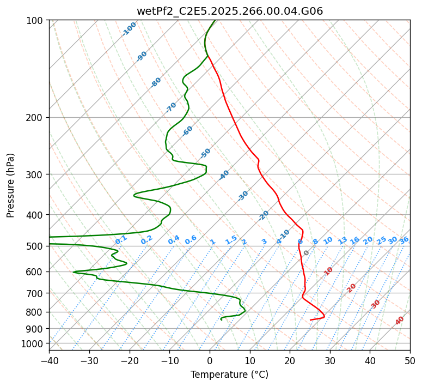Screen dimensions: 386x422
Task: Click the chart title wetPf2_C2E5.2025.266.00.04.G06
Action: pyautogui.click(x=229, y=11)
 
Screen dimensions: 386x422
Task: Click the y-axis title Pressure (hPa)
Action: pyautogui.click(x=11, y=185)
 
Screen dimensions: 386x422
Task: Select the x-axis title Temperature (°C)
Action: pyautogui.click(x=229, y=375)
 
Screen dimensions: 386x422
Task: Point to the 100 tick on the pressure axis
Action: pyautogui.click(x=35, y=20)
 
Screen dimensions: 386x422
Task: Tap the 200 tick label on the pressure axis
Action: pyautogui.click(x=35, y=117)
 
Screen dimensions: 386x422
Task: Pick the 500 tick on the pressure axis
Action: pyautogui.click(x=35, y=246)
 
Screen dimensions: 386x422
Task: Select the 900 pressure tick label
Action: pyautogui.click(x=35, y=328)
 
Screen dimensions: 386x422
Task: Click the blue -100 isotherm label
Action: pyautogui.click(x=130, y=29)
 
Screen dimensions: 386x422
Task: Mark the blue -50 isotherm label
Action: pyautogui.click(x=205, y=153)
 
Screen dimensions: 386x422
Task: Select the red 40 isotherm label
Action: pyautogui.click(x=400, y=321)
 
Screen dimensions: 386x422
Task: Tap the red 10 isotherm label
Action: pyautogui.click(x=328, y=271)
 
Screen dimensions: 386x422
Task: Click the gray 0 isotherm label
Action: pyautogui.click(x=307, y=253)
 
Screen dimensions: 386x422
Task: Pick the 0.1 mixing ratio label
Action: pyautogui.click(x=121, y=239)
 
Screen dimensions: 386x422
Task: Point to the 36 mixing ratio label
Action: pyautogui.click(x=404, y=240)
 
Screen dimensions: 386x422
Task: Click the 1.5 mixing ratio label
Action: pyautogui.click(x=231, y=239)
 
